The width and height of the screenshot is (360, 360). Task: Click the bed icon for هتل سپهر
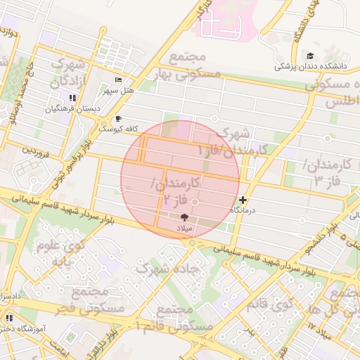tap(117, 80)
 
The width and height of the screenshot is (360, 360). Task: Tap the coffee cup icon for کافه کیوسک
tap(118, 119)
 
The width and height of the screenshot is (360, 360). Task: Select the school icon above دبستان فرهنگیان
tap(73, 98)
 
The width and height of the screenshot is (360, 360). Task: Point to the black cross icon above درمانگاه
tap(243, 200)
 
